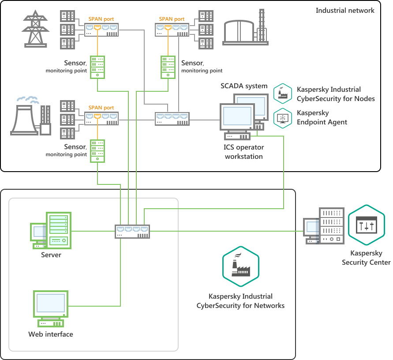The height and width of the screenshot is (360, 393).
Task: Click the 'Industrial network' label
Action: [344, 10]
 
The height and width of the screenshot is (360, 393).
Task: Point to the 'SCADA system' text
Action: [244, 86]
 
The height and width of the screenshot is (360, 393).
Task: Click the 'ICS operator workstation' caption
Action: [244, 152]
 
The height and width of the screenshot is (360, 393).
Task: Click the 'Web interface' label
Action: [51, 334]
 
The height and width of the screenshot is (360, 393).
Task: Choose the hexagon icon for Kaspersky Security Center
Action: [367, 225]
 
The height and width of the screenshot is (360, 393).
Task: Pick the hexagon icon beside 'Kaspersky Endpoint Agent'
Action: [282, 118]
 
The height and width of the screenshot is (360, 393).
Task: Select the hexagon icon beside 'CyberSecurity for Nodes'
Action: [282, 94]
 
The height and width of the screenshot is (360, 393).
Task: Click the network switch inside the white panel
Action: [132, 231]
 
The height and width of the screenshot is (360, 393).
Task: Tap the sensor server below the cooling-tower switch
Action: [97, 151]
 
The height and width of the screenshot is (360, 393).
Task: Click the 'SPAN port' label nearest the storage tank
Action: [172, 19]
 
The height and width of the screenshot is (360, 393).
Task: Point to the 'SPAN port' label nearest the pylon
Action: [101, 19]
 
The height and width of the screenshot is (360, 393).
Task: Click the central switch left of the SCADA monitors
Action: [172, 118]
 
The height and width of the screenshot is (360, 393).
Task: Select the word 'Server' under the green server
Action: [51, 255]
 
